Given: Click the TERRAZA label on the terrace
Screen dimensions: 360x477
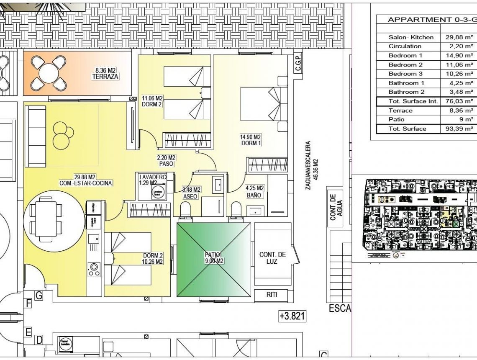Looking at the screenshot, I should click(105, 77).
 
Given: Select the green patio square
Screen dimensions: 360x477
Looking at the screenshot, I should click(213, 260).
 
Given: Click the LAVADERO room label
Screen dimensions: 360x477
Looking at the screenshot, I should click(153, 177).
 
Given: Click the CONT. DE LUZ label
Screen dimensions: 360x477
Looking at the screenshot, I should click(272, 258).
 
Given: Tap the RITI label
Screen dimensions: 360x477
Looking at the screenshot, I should click(272, 295).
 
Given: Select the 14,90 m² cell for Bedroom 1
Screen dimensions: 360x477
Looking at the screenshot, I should click(459, 56).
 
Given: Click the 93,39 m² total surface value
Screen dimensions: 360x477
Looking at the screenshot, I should click(459, 129).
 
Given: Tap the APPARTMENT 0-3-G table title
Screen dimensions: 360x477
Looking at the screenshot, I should click(431, 20).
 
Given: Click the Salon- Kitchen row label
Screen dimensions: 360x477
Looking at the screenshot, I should click(411, 37).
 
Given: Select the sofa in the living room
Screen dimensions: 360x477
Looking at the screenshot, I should click(36, 136).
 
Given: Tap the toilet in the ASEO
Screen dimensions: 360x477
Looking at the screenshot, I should click(185, 208).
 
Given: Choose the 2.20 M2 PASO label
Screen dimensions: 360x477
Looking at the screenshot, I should click(166, 161).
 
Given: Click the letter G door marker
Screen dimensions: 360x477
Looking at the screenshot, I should click(38, 296).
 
